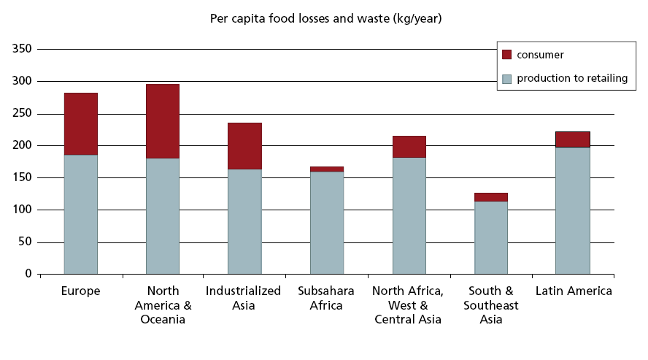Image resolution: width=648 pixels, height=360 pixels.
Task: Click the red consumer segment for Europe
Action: click(80, 124)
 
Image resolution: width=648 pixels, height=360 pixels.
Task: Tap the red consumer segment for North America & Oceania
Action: click(162, 121)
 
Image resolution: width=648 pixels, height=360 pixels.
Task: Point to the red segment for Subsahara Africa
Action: click(326, 169)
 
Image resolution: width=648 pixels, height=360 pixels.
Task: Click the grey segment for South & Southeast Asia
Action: click(490, 237)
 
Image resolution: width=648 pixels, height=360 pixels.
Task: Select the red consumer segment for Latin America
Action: click(572, 139)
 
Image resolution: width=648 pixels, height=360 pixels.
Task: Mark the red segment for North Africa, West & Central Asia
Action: click(409, 147)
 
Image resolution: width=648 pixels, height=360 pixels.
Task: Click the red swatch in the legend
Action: click(507, 55)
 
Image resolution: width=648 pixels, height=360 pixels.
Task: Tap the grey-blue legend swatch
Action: click(507, 78)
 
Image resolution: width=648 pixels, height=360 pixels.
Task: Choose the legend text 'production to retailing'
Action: click(572, 78)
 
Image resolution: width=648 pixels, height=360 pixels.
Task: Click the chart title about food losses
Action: click(325, 18)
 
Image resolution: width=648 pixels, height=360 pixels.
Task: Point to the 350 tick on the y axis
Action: click(23, 49)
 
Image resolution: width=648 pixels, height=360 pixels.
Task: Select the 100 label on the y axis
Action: click(23, 210)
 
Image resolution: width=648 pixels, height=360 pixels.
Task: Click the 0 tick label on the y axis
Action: click(28, 274)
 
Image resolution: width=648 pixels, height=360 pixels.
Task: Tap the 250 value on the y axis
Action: click(23, 113)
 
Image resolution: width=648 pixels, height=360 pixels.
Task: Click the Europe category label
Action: click(80, 291)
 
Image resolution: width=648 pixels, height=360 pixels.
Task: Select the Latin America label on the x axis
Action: click(574, 291)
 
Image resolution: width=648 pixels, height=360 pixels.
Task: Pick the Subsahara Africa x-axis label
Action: click(326, 298)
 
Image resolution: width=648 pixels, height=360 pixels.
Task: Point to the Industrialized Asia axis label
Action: click(244, 298)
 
